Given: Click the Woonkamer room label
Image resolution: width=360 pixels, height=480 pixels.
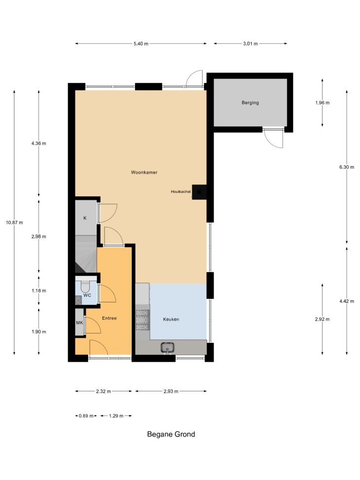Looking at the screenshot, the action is coord(144,172).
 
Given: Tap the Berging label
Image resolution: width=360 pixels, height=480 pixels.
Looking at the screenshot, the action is coord(250,103).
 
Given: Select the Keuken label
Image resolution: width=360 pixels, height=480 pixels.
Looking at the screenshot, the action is coord(171,319).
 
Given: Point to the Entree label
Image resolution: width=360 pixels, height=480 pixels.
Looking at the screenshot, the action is coord(109,318).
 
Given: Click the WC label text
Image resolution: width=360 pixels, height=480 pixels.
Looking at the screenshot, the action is coord(87,295).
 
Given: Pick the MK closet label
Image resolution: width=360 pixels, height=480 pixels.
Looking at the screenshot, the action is coord(79,323).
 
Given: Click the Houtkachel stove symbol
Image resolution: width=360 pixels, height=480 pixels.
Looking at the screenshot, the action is coord(199,192).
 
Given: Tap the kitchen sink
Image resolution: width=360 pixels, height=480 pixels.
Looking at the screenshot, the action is coord(168,347).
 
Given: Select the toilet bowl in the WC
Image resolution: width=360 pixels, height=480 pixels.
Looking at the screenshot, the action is coord(85,287).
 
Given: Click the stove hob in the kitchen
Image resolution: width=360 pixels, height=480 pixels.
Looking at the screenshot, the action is coord(143,320).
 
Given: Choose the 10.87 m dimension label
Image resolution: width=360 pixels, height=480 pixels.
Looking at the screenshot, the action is coord(14,222).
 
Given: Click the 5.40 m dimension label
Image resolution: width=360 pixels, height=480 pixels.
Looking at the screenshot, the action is coord(141,44).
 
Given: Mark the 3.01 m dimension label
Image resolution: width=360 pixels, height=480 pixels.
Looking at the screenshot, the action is coord(251,44).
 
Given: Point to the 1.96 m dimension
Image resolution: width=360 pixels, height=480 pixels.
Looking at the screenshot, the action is coord(323,103).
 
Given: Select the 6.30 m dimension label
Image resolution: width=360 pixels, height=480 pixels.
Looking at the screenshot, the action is coord(347,167).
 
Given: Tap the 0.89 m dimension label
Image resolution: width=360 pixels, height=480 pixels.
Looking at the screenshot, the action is coord(86,416).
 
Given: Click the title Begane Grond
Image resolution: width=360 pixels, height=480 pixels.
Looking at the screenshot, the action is coord(171,434).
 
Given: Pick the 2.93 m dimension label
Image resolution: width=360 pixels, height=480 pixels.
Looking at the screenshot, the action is coord(171,391).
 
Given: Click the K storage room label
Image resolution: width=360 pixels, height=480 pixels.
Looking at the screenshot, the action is coord(85,218).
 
